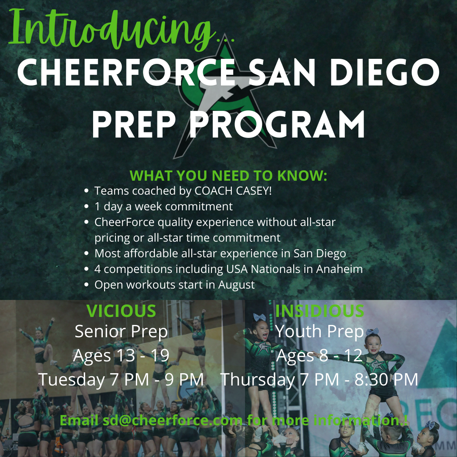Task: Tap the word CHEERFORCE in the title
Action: click(x=126, y=72)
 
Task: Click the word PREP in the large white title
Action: click(x=134, y=124)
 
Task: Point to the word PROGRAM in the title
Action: click(x=277, y=124)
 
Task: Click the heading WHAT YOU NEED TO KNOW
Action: click(x=228, y=176)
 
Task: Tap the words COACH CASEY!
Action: click(x=233, y=191)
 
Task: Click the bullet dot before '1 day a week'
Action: click(x=86, y=206)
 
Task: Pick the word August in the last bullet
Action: click(x=237, y=285)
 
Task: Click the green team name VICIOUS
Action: click(x=121, y=311)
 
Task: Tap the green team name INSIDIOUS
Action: click(x=320, y=311)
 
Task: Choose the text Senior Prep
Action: click(x=121, y=332)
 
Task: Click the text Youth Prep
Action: click(x=320, y=332)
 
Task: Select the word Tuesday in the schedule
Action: click(x=72, y=380)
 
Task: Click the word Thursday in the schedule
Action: click(x=258, y=380)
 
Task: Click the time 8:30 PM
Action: click(x=386, y=380)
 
